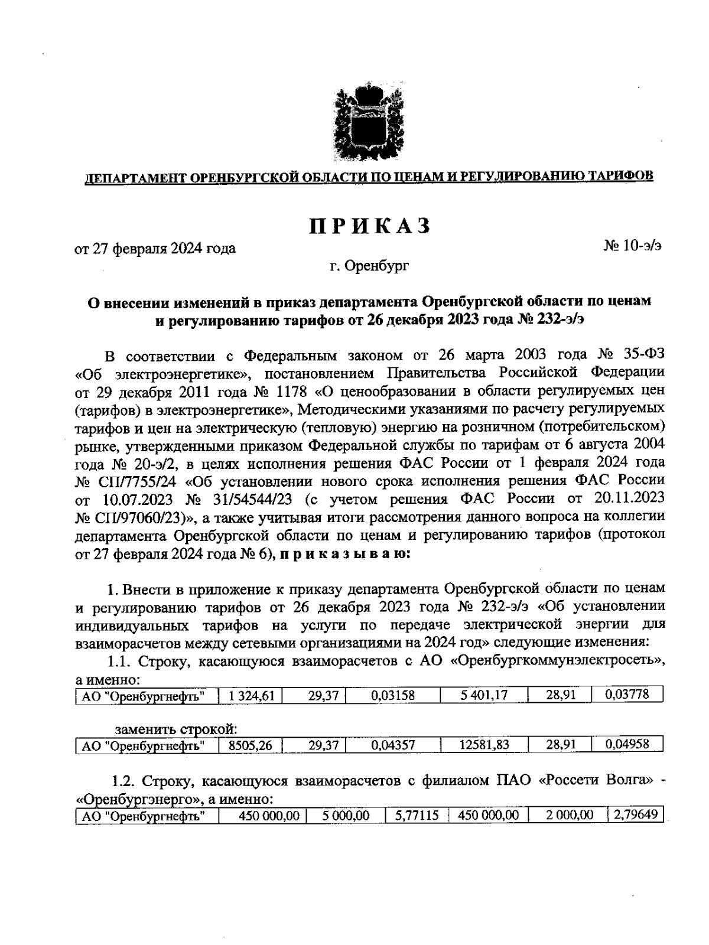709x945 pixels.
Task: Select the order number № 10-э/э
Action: click(x=632, y=246)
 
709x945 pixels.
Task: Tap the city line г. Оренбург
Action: click(x=369, y=266)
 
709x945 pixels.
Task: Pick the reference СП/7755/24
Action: click(x=129, y=480)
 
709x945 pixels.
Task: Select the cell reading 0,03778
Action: click(x=627, y=695)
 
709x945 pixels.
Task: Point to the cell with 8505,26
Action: click(x=251, y=745)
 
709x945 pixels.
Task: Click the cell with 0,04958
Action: click(x=627, y=745)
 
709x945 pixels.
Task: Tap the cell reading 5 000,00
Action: click(x=346, y=816)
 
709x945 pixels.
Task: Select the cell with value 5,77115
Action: click(x=417, y=816)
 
